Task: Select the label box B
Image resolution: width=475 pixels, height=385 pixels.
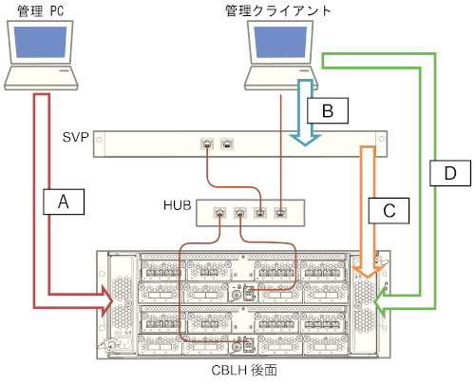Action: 326,110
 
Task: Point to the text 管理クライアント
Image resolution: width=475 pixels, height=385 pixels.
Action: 277,10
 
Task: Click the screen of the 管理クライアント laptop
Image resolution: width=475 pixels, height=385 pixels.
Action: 281,46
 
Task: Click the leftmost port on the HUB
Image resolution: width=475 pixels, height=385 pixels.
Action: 220,214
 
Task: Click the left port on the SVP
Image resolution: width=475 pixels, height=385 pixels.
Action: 207,144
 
